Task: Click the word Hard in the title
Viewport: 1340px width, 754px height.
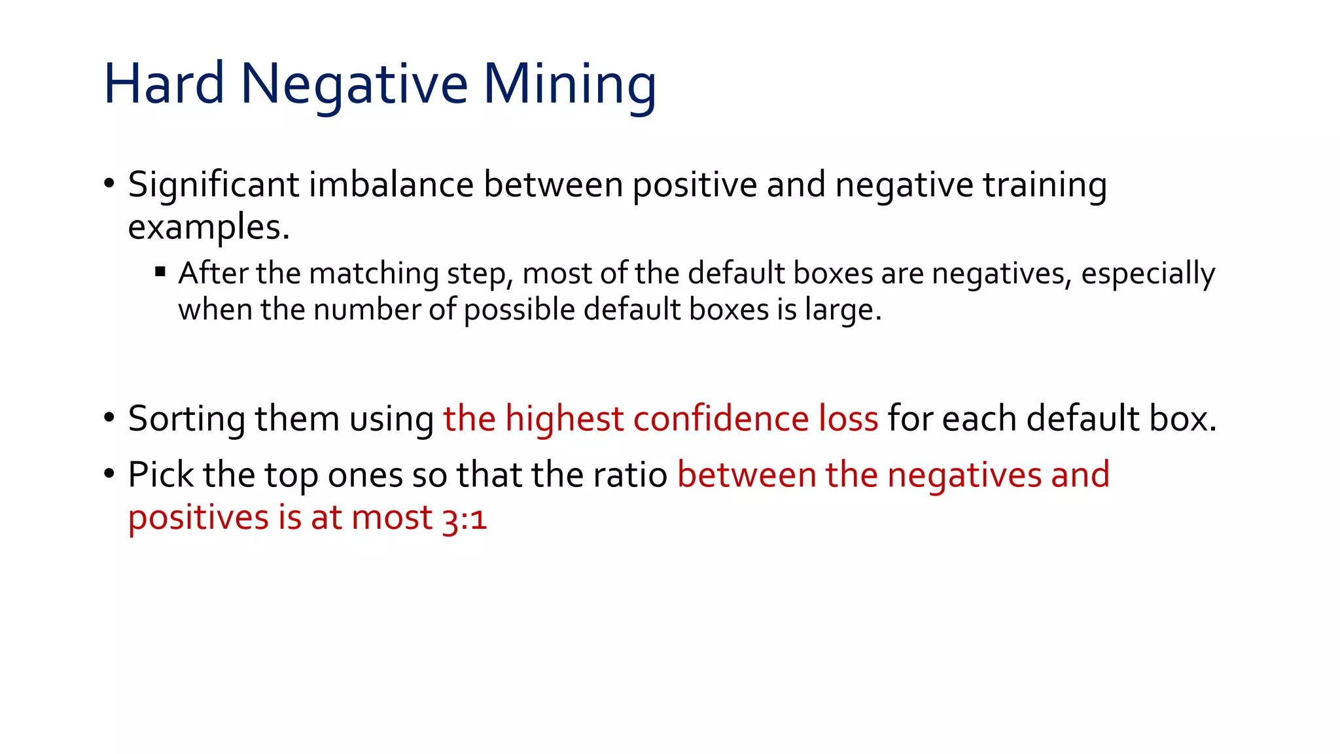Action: (164, 83)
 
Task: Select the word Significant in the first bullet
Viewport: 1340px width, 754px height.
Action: (213, 185)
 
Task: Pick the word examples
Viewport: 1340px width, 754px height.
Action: (208, 228)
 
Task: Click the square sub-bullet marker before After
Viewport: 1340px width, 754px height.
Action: (160, 271)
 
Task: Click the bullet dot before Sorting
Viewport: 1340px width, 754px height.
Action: (109, 416)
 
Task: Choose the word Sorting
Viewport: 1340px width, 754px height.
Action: (186, 419)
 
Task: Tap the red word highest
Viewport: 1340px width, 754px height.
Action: (564, 418)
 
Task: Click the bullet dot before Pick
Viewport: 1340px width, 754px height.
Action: (109, 473)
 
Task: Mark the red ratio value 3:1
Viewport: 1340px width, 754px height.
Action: (464, 519)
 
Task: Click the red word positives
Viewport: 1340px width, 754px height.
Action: (198, 519)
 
